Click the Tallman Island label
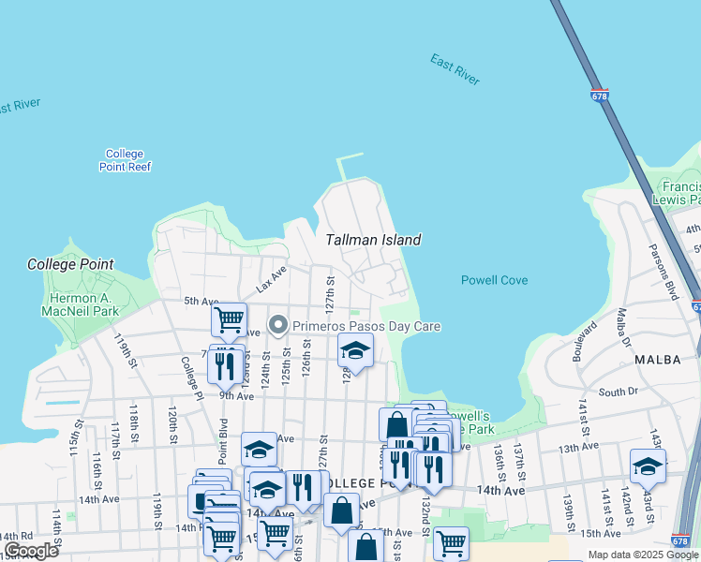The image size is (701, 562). click(373, 240)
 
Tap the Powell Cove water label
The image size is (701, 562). click(494, 280)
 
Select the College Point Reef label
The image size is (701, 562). click(125, 160)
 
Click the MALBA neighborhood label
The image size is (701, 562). click(656, 360)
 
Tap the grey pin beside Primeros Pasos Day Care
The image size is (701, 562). click(277, 326)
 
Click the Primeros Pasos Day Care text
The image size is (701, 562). click(366, 326)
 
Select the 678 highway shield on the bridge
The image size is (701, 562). click(599, 96)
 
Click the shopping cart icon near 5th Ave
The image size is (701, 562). click(229, 319)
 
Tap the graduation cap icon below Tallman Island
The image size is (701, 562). click(355, 350)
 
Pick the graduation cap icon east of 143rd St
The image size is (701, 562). click(648, 466)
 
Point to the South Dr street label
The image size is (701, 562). click(618, 392)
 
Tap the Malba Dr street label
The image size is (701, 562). click(624, 329)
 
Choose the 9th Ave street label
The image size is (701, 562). click(237, 396)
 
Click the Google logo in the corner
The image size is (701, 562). click(31, 551)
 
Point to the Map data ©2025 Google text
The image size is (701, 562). click(643, 555)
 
